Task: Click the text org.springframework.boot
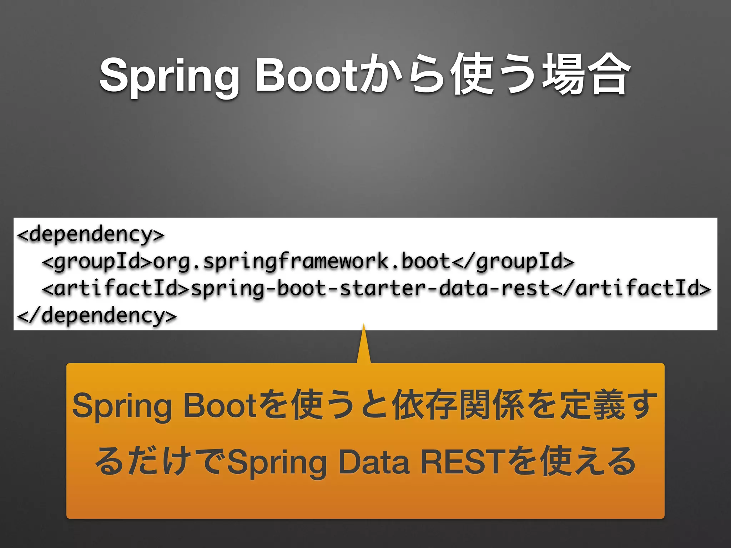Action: (302, 262)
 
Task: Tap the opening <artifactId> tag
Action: (116, 289)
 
